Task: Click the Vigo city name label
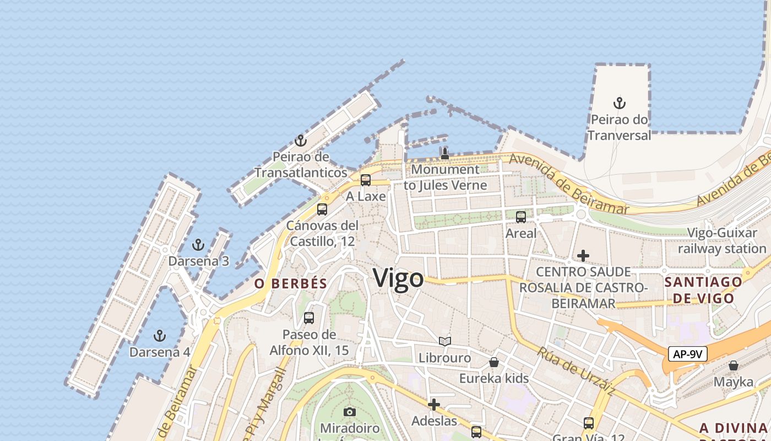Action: click(398, 278)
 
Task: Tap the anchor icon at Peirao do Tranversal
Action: click(620, 103)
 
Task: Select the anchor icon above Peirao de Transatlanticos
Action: click(300, 141)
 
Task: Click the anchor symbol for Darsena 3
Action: click(198, 245)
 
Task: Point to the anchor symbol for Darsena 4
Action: click(159, 335)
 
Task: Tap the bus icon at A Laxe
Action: click(366, 180)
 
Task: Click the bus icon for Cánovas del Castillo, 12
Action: click(322, 209)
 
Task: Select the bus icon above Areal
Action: click(521, 217)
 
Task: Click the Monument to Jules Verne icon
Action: click(445, 153)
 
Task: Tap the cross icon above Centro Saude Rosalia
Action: click(583, 256)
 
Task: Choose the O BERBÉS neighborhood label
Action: click(291, 284)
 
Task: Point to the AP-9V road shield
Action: click(687, 354)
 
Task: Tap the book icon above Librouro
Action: click(445, 342)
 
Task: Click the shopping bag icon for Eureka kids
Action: click(494, 362)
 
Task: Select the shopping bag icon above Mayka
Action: click(733, 365)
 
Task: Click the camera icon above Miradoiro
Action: click(350, 412)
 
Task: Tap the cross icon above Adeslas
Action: click(434, 405)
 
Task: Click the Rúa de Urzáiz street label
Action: click(576, 371)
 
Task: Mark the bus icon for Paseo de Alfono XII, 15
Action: click(309, 318)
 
